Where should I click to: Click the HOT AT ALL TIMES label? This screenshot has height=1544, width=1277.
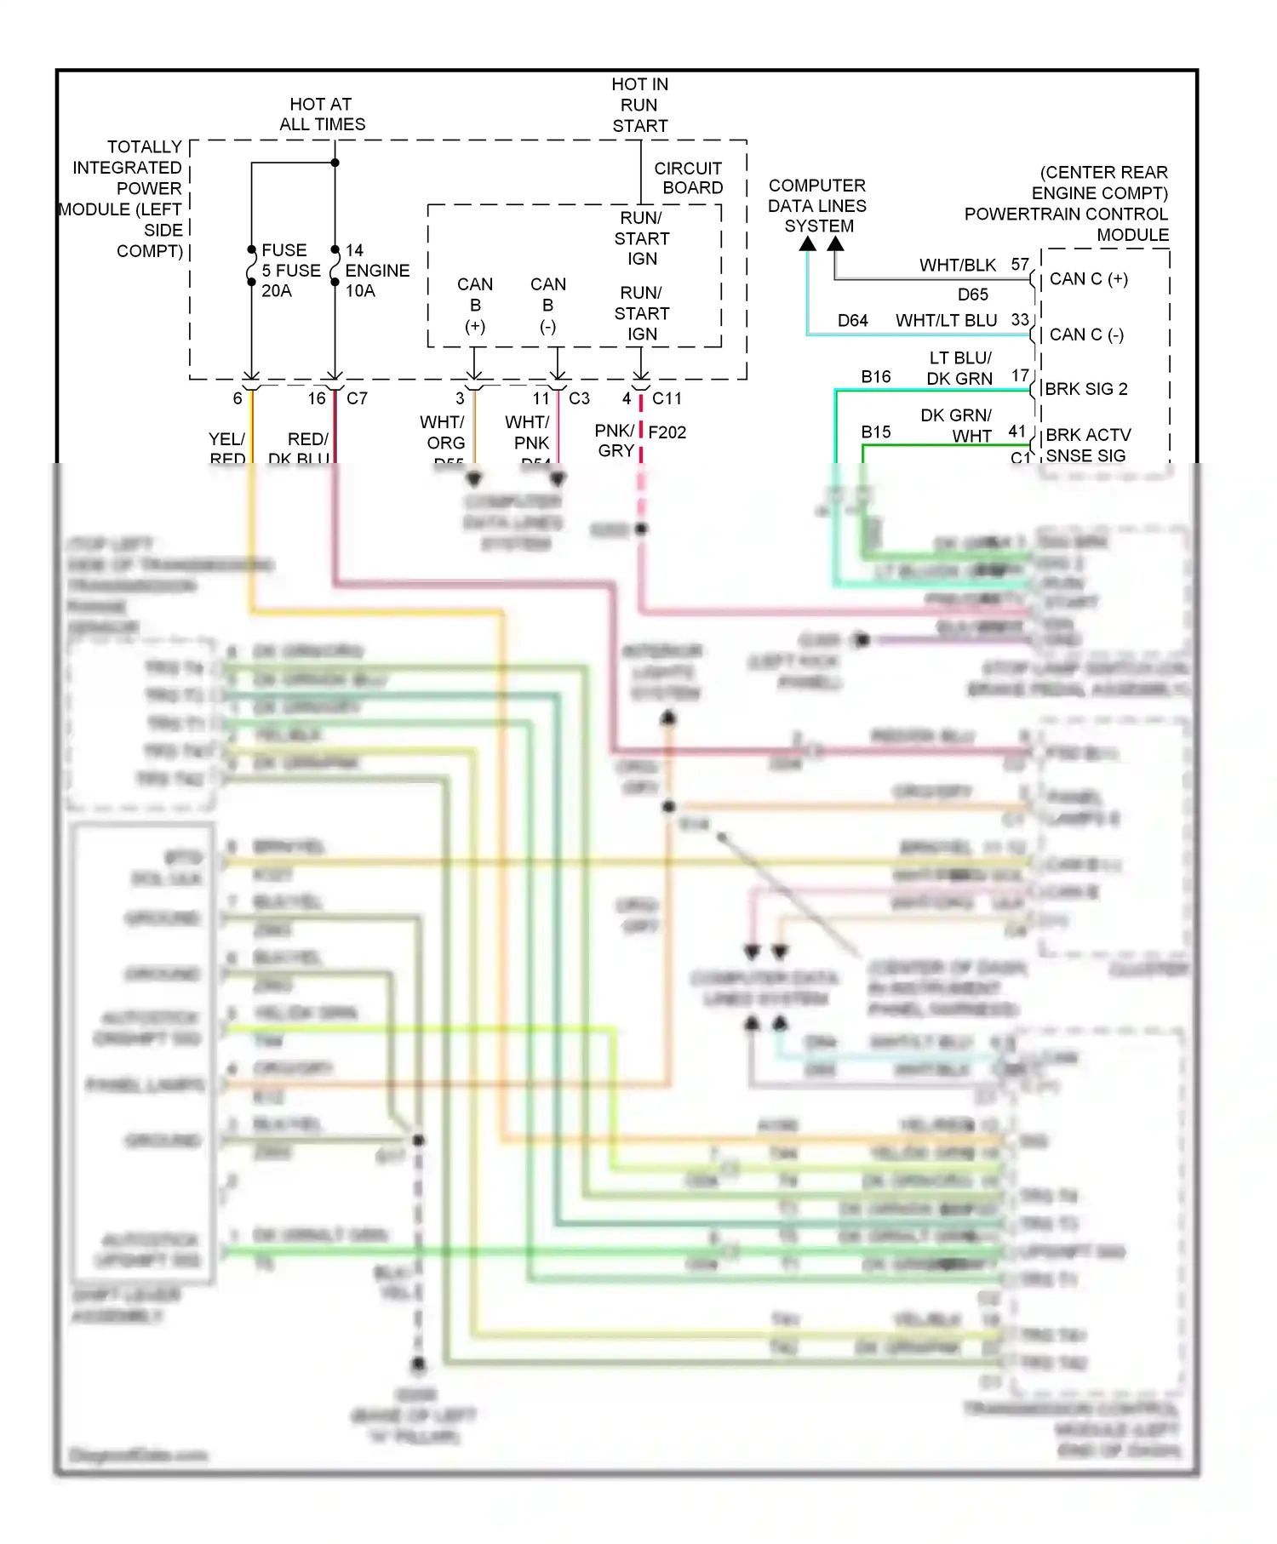[322, 114]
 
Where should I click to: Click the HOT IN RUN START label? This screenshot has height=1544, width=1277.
[639, 105]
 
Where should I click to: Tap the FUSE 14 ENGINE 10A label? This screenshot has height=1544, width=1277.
[375, 270]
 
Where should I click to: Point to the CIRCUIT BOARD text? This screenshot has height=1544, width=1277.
[689, 178]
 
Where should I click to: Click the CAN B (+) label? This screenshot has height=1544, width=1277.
[474, 305]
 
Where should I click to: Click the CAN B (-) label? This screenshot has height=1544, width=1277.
[547, 305]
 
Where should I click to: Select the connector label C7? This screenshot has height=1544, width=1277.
[357, 398]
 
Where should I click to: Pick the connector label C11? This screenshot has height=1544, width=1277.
[667, 398]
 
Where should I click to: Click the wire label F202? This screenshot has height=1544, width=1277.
[667, 432]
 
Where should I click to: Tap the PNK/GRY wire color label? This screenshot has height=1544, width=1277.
[615, 440]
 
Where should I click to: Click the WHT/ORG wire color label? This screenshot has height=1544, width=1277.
[444, 432]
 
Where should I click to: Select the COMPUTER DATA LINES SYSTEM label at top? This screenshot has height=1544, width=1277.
[817, 206]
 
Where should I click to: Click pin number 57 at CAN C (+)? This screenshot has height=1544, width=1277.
[1020, 265]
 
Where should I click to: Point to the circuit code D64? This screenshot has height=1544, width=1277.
[852, 321]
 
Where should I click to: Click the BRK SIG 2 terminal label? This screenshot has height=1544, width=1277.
[1085, 389]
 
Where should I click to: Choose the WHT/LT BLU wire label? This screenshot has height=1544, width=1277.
[946, 321]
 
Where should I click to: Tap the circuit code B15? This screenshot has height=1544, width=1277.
[875, 432]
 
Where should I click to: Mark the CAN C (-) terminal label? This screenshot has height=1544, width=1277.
[1086, 335]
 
